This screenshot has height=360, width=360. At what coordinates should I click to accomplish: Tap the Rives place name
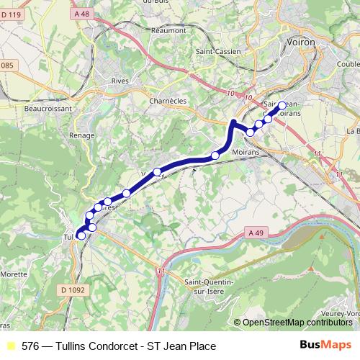tap(120, 81)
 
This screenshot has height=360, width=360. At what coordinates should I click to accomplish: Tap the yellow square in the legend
tap(10, 346)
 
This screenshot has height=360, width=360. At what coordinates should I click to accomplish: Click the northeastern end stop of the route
tap(282, 104)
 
